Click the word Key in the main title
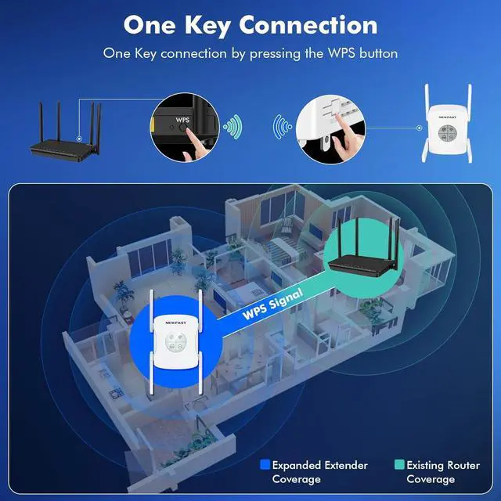pyautogui.click(x=200, y=25)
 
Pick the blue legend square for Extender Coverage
pyautogui.click(x=265, y=465)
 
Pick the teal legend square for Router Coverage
pyautogui.click(x=398, y=465)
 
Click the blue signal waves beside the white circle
pyautogui.click(x=280, y=126)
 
